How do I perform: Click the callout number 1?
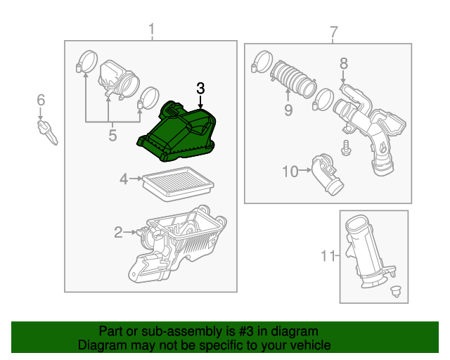click(151, 30)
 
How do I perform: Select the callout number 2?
click(119, 231)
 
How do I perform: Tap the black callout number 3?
click(200, 89)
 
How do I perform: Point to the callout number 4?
click(124, 179)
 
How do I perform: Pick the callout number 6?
click(41, 100)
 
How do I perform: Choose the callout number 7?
click(333, 32)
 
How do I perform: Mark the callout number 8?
click(343, 64)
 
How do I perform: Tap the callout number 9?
click(288, 109)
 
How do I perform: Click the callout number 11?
click(328, 257)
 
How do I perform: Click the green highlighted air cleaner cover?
click(179, 130)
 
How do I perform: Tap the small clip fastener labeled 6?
click(46, 130)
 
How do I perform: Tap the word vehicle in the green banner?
click(307, 345)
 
